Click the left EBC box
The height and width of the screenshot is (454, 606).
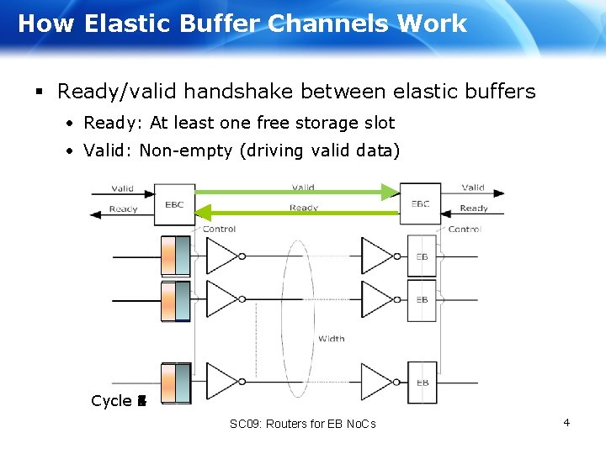[x=173, y=203]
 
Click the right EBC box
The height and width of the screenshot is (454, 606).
[x=420, y=203]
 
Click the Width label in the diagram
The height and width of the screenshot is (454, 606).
[x=331, y=339]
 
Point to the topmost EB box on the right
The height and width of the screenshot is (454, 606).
[x=422, y=256]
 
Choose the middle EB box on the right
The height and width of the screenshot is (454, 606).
[x=422, y=299]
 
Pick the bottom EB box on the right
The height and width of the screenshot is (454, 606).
[x=422, y=383]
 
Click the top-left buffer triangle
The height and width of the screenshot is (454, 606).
[x=221, y=256]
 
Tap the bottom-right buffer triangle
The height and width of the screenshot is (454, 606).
[x=376, y=383]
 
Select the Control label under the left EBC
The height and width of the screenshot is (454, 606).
[x=219, y=229]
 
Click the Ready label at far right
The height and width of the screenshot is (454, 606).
[x=474, y=209]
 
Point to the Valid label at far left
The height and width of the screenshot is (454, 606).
[x=122, y=189]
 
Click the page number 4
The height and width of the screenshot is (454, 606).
[x=566, y=422]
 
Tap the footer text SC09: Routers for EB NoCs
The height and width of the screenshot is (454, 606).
[x=302, y=424]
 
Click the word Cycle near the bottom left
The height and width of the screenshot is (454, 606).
[x=111, y=401]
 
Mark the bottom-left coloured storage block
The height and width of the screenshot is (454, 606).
[x=176, y=383]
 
